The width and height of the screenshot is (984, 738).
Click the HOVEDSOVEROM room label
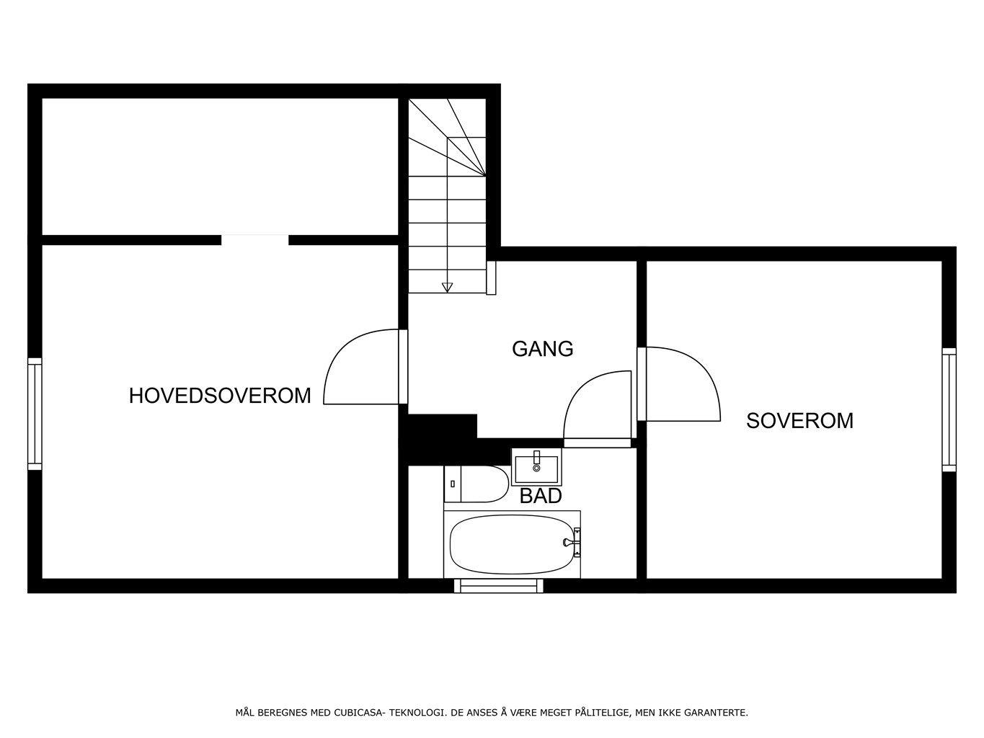coord(220,396)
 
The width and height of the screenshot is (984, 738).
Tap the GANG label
coord(542,349)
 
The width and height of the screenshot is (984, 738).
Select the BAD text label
coord(541,496)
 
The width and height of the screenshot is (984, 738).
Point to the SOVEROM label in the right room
coord(799,420)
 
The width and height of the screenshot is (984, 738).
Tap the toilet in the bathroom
coord(476,484)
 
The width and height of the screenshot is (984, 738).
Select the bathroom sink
coord(536,466)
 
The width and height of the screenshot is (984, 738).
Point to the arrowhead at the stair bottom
coord(447,287)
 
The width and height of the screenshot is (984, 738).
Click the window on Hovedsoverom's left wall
coord(35,414)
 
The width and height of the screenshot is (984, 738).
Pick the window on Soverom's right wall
coord(949,409)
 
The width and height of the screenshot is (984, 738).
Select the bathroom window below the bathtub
coord(499,585)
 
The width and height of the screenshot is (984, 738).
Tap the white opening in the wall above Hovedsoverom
coord(254,240)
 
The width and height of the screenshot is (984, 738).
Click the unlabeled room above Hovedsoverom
coord(220,166)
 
